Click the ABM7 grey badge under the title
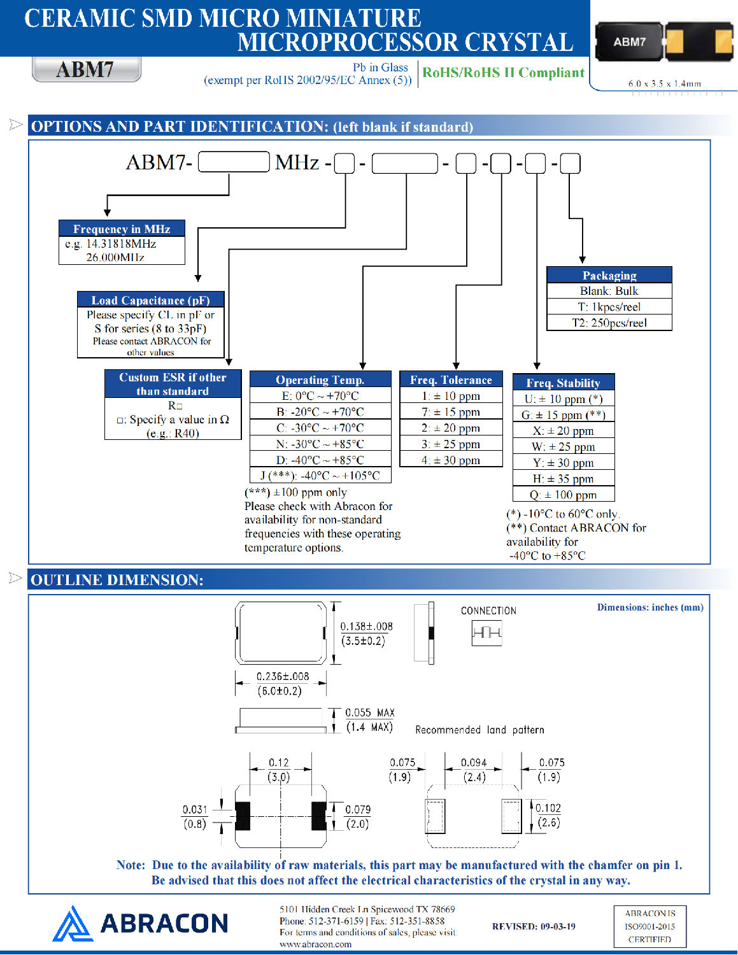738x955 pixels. coord(86,69)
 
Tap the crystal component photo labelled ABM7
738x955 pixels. coord(663,42)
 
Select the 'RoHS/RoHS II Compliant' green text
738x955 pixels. coord(503,73)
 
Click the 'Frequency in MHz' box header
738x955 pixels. coord(122,229)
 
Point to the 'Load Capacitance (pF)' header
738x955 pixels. coord(150,300)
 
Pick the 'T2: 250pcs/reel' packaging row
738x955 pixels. coord(609,323)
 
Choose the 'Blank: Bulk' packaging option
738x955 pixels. coord(609,291)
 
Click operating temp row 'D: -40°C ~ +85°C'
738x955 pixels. coord(320,460)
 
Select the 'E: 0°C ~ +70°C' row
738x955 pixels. coord(320,395)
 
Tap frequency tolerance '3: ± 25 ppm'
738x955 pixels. coord(451,444)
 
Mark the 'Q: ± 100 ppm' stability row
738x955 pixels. coord(563,495)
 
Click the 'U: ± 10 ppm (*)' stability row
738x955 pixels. coord(563,399)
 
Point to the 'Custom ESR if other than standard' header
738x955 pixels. coord(173,384)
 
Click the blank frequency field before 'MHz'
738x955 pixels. coord(234,162)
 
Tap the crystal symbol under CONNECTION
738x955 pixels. coord(487,633)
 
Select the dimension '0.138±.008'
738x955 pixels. coord(366,626)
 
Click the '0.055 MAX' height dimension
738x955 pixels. coord(369,712)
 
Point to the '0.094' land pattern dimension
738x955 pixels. coord(474,763)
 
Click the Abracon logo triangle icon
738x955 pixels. coord(72,924)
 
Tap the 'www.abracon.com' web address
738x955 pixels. coord(315,944)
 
